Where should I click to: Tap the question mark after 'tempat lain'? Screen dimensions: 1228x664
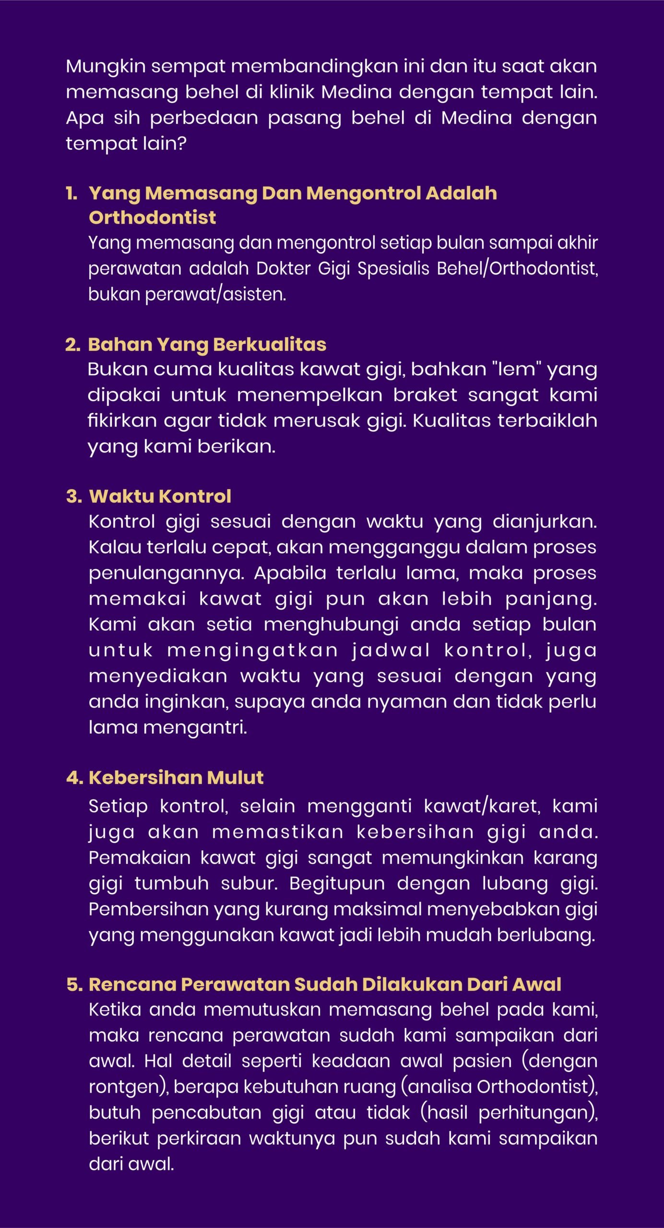pos(182,143)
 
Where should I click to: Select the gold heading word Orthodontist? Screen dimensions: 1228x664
pos(152,218)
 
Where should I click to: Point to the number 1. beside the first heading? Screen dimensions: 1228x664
pos(71,193)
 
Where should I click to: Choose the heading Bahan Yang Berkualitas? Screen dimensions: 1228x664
pos(207,344)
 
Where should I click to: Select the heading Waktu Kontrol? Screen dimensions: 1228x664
pos(160,496)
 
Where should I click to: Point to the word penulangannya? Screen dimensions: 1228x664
pos(166,573)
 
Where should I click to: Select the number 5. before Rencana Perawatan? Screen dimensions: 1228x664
pos(74,984)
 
